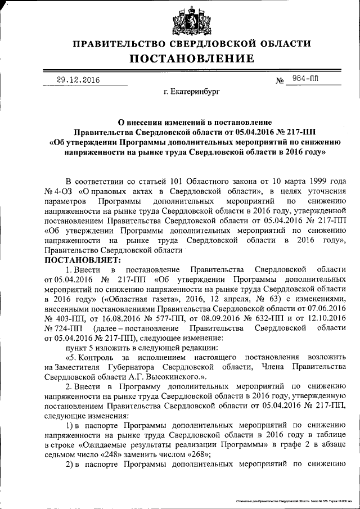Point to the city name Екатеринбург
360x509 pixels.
click(192, 90)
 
